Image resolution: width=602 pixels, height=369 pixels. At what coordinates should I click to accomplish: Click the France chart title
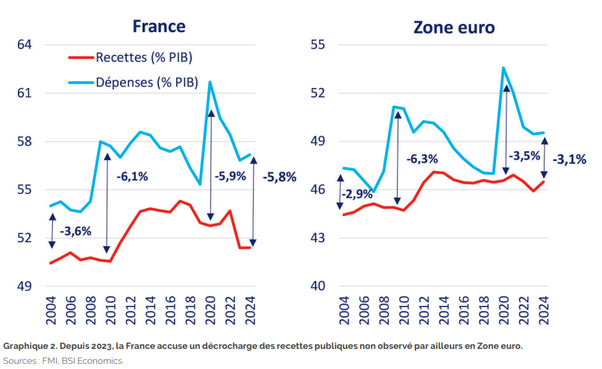[159, 27]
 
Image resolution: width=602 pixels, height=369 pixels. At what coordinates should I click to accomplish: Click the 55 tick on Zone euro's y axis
[319, 45]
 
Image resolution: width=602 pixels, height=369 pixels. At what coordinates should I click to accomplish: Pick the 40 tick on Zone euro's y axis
[319, 287]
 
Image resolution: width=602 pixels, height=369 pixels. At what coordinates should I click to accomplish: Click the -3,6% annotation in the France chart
[75, 231]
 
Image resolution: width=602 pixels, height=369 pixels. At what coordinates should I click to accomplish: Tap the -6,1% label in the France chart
[132, 177]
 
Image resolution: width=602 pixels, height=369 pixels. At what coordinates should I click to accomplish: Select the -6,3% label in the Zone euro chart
[423, 159]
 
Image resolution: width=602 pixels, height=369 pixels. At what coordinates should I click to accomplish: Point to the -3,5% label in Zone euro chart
[527, 157]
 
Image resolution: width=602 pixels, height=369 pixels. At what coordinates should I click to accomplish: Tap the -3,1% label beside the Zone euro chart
[569, 159]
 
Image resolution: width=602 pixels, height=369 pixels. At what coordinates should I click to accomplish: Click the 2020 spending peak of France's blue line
[210, 81]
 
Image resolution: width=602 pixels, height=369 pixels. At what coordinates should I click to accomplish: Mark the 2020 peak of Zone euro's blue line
[504, 68]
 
